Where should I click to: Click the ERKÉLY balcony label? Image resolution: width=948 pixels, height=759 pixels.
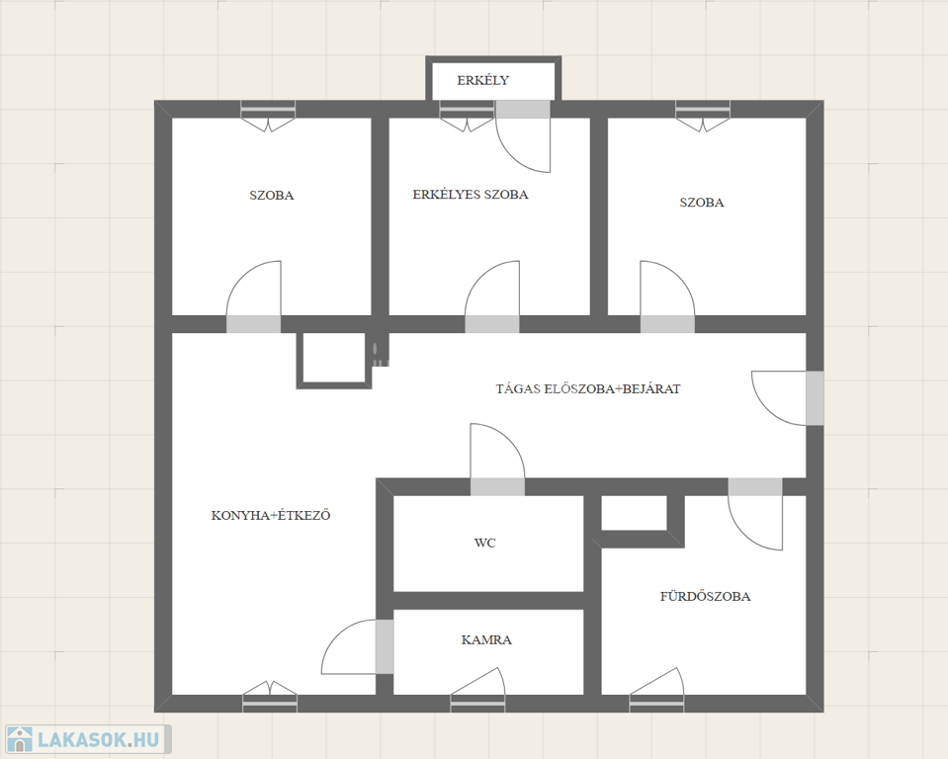(482, 80)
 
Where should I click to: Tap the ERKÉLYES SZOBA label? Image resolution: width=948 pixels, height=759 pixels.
(471, 195)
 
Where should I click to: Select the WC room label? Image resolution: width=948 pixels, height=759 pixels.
(485, 543)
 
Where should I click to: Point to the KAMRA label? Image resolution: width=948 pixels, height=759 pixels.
(486, 640)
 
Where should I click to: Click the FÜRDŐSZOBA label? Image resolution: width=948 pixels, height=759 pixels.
(706, 597)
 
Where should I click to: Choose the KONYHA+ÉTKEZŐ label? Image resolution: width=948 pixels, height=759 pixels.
(271, 516)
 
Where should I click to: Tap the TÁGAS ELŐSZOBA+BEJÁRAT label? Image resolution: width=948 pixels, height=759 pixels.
(588, 388)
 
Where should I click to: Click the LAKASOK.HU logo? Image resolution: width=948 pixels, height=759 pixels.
(86, 739)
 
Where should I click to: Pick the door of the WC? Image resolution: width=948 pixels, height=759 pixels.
(497, 460)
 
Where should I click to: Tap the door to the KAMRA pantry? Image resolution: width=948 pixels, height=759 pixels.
(358, 647)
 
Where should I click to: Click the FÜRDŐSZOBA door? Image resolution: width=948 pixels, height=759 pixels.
(755, 514)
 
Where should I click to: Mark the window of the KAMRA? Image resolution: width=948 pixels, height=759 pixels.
(477, 690)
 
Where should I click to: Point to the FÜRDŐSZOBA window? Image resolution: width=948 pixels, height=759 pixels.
(656, 690)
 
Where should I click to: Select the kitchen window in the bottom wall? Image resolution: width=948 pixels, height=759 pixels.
(270, 696)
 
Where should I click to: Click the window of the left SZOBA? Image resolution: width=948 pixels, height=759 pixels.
(269, 116)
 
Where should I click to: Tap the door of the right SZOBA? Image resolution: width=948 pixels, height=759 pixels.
(667, 296)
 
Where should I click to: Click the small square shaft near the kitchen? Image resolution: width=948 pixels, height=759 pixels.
(334, 360)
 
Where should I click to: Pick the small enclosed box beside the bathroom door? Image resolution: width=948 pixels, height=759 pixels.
(635, 513)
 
